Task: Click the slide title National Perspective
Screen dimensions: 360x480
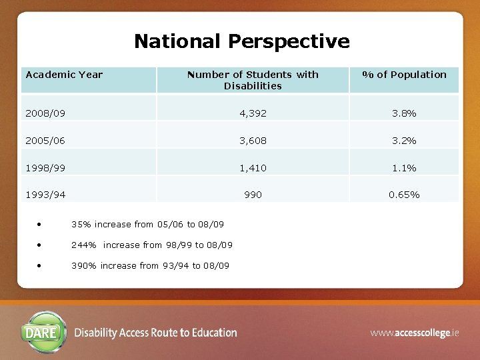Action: pos(241,41)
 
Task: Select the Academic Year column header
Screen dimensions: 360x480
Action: pos(64,75)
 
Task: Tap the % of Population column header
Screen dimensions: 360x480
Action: pos(404,75)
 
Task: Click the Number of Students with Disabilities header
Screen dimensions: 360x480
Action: pos(253,80)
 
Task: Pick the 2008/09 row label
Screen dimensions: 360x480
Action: pos(45,113)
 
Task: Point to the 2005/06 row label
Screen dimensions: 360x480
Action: pos(45,141)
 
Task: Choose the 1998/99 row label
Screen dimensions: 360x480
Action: pos(45,168)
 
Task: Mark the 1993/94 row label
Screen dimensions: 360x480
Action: pos(45,195)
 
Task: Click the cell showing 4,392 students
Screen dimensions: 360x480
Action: pos(253,113)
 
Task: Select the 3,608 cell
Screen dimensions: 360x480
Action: pos(253,141)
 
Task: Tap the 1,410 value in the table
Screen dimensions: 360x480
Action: pos(253,168)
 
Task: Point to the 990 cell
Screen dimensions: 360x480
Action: pos(253,195)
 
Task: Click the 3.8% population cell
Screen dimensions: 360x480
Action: pos(404,113)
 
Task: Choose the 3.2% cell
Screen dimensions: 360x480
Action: pos(404,141)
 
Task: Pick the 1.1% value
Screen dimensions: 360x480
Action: pos(404,168)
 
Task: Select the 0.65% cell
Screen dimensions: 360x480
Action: pos(404,195)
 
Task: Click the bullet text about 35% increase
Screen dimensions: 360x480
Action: pos(147,225)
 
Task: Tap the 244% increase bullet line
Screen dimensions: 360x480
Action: pos(152,245)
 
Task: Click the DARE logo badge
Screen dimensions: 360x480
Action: pos(44,332)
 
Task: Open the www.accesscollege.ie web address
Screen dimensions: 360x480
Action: pos(415,332)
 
